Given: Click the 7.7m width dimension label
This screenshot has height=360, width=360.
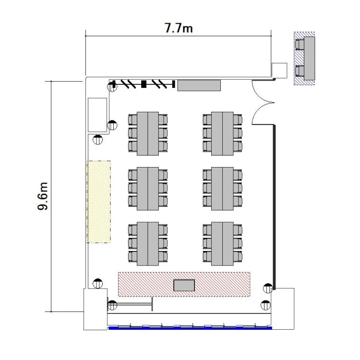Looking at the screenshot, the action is [x=179, y=28].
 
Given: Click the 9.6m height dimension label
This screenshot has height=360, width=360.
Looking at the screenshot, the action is [x=43, y=196].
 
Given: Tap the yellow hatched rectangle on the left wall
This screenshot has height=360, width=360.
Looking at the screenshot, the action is [x=99, y=202].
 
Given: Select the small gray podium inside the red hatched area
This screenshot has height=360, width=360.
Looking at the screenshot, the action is [x=184, y=286].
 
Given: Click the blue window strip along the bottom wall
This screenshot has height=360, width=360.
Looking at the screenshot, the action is [x=190, y=328].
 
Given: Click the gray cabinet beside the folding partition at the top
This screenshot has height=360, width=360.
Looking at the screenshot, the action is [x=199, y=85].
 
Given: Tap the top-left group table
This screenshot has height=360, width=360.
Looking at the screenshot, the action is [x=148, y=133].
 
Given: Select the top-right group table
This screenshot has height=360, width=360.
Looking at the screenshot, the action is [x=222, y=133].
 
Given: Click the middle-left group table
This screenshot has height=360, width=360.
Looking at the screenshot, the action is [x=148, y=189].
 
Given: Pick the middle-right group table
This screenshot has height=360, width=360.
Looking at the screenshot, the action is [x=222, y=189].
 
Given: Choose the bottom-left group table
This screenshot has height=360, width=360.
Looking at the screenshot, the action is [x=148, y=244].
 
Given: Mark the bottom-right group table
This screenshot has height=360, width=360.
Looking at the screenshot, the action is [x=222, y=244].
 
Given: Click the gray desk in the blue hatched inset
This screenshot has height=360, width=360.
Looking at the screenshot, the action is [x=309, y=58].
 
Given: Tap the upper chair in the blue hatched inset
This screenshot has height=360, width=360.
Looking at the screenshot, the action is [x=300, y=45].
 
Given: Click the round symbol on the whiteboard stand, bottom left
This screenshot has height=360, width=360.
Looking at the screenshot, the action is [x=112, y=305].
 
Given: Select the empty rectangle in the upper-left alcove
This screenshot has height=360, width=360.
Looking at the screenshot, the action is [x=97, y=115].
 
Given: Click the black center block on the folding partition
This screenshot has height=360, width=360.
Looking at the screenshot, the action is [x=144, y=84].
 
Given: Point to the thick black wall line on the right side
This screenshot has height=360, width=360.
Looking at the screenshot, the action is [x=274, y=207].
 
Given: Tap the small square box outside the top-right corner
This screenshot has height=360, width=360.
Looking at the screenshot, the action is [x=279, y=70].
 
